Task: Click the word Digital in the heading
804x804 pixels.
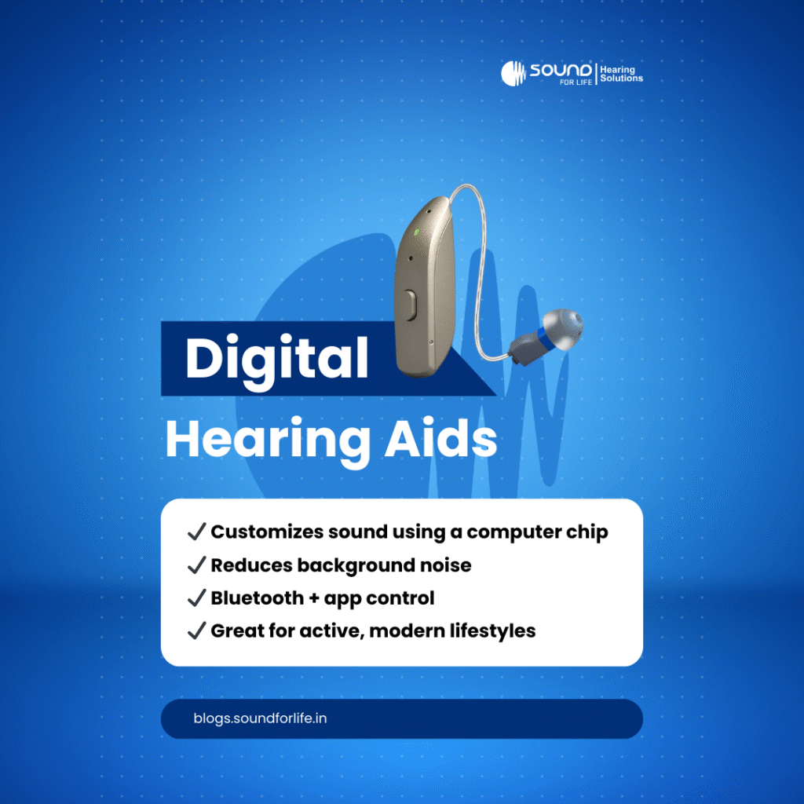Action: [276, 359]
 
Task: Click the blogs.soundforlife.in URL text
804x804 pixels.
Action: [260, 718]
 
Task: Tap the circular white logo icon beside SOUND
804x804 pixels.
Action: [513, 73]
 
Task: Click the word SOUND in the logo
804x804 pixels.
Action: [561, 69]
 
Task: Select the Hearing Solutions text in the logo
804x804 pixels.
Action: [621, 74]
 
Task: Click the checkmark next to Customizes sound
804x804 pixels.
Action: [196, 532]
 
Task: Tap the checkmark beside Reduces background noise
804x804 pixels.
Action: [196, 565]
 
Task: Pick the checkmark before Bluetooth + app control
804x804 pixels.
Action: [196, 598]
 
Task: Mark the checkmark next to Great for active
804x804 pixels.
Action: [196, 631]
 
